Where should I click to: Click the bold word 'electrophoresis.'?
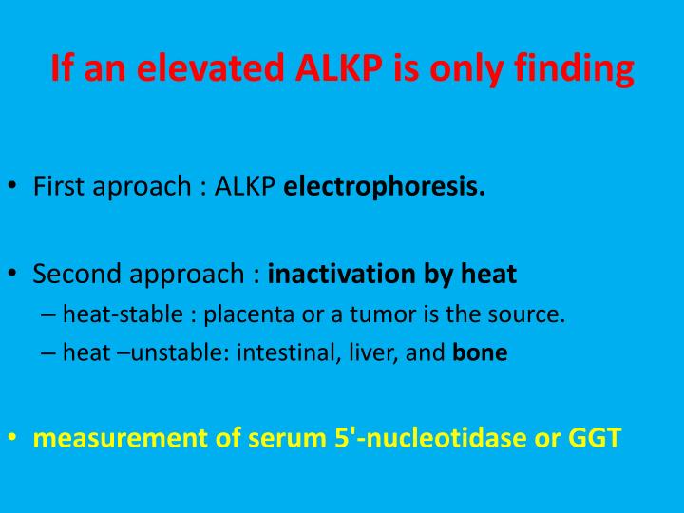385,187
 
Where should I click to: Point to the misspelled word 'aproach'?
144,187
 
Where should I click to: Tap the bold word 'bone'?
480,353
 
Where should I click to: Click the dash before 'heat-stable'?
48,314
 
